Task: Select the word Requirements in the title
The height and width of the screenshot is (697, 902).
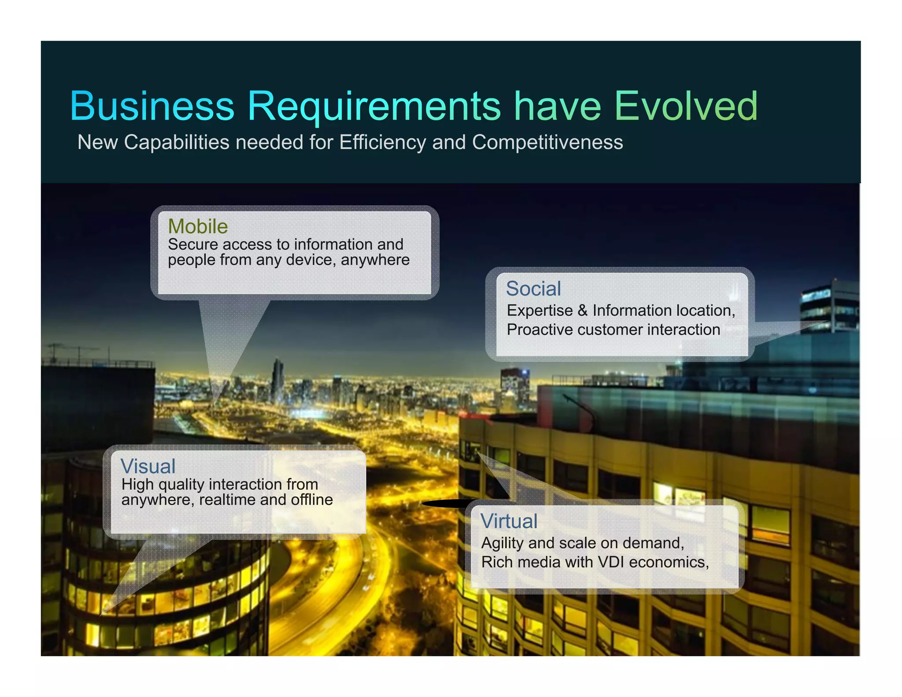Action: [x=374, y=107]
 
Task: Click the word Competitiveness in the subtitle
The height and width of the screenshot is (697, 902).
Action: [x=547, y=142]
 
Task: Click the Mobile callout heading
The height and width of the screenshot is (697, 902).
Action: [x=198, y=226]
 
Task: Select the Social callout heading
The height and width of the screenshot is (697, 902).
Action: [x=533, y=289]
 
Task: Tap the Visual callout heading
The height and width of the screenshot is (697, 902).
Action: [x=148, y=467]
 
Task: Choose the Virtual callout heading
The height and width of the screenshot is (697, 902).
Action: [x=509, y=521]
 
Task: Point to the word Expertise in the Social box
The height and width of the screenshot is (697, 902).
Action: [x=540, y=311]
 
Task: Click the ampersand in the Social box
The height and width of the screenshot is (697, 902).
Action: [x=583, y=311]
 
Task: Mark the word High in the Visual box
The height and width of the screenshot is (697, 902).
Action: [x=137, y=484]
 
